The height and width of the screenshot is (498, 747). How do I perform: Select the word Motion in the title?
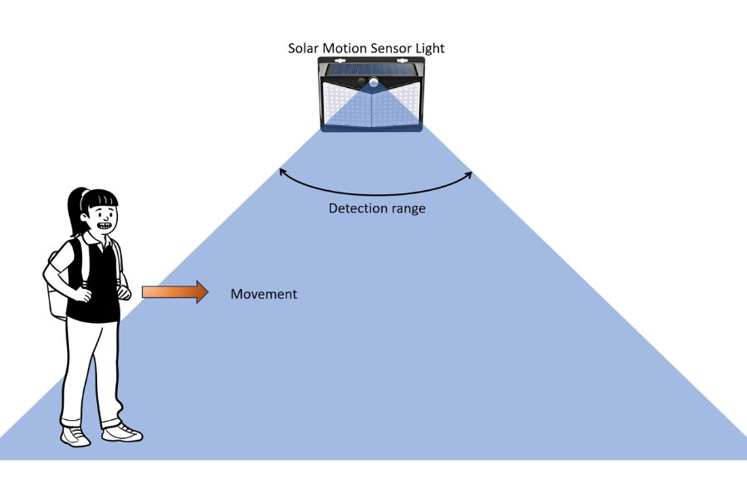[x=344, y=48]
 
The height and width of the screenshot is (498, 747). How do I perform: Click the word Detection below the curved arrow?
[x=355, y=208]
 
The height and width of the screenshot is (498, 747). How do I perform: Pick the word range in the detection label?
[x=406, y=208]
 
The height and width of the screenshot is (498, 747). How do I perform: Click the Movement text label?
[x=263, y=294]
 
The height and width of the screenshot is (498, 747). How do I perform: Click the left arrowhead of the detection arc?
[x=281, y=172]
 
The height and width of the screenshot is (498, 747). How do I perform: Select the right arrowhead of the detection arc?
[x=470, y=174]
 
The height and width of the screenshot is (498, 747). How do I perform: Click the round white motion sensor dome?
[x=374, y=82]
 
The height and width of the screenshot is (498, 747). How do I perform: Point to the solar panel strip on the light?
[x=371, y=68]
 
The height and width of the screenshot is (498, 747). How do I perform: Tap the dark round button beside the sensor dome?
[x=359, y=83]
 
